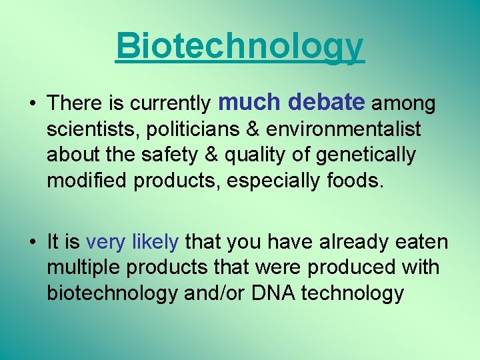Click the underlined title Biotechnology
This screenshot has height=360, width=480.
click(x=240, y=47)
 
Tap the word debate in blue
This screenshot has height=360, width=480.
click(x=327, y=102)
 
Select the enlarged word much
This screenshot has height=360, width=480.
click(x=251, y=102)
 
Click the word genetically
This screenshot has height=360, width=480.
click(x=365, y=155)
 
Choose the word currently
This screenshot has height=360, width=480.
click(x=170, y=104)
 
